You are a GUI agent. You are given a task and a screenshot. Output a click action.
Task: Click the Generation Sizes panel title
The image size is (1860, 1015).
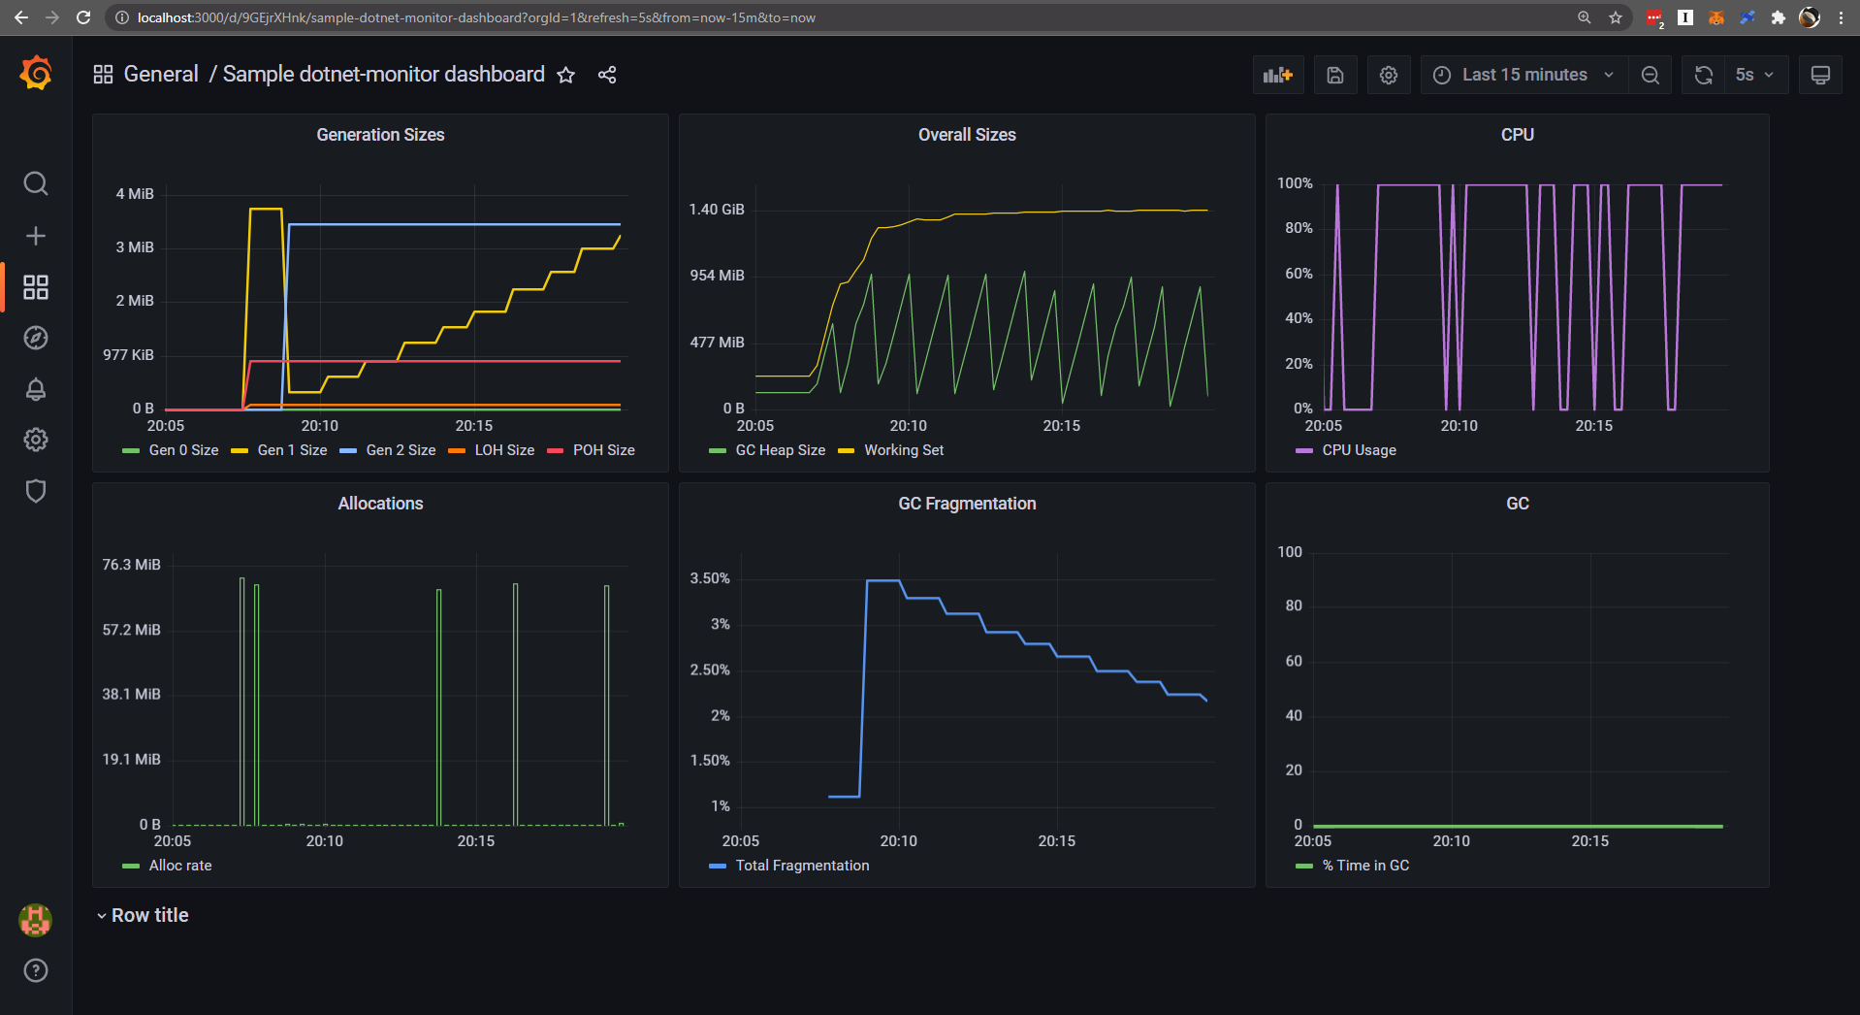click(x=380, y=135)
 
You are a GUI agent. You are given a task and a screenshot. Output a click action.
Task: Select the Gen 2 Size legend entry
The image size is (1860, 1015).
click(x=400, y=450)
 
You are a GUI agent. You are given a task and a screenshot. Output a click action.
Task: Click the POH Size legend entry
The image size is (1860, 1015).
click(x=602, y=450)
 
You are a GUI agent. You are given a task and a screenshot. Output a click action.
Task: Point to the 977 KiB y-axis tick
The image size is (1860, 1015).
click(x=128, y=355)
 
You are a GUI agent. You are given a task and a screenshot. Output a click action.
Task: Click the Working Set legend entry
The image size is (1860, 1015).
click(x=903, y=450)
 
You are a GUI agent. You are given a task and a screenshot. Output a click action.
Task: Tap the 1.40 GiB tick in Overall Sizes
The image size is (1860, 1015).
click(x=717, y=210)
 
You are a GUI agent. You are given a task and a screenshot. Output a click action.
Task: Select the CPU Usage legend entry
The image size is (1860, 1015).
click(x=1358, y=450)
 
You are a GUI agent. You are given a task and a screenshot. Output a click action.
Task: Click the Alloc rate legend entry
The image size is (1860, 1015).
click(x=179, y=866)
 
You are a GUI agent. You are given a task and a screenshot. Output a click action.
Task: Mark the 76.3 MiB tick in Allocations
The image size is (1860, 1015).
click(x=131, y=565)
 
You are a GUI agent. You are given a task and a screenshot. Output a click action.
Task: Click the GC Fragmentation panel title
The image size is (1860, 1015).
click(x=967, y=504)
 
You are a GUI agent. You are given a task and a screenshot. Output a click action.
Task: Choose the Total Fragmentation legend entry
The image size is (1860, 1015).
click(x=801, y=866)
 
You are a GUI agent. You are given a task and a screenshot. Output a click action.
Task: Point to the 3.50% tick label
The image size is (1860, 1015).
click(x=709, y=578)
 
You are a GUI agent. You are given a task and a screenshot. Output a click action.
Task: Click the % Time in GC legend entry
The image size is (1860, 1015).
click(x=1364, y=866)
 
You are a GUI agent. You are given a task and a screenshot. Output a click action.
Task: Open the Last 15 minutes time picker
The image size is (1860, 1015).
click(x=1523, y=75)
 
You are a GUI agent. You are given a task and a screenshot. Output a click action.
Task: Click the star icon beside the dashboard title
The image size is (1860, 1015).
click(x=566, y=75)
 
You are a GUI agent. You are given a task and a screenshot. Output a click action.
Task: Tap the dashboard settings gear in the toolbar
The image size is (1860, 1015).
click(x=1389, y=75)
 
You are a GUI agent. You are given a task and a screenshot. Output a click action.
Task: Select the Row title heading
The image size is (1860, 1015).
click(x=149, y=915)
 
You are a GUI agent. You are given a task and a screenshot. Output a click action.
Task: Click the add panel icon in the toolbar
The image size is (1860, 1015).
click(x=1277, y=75)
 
